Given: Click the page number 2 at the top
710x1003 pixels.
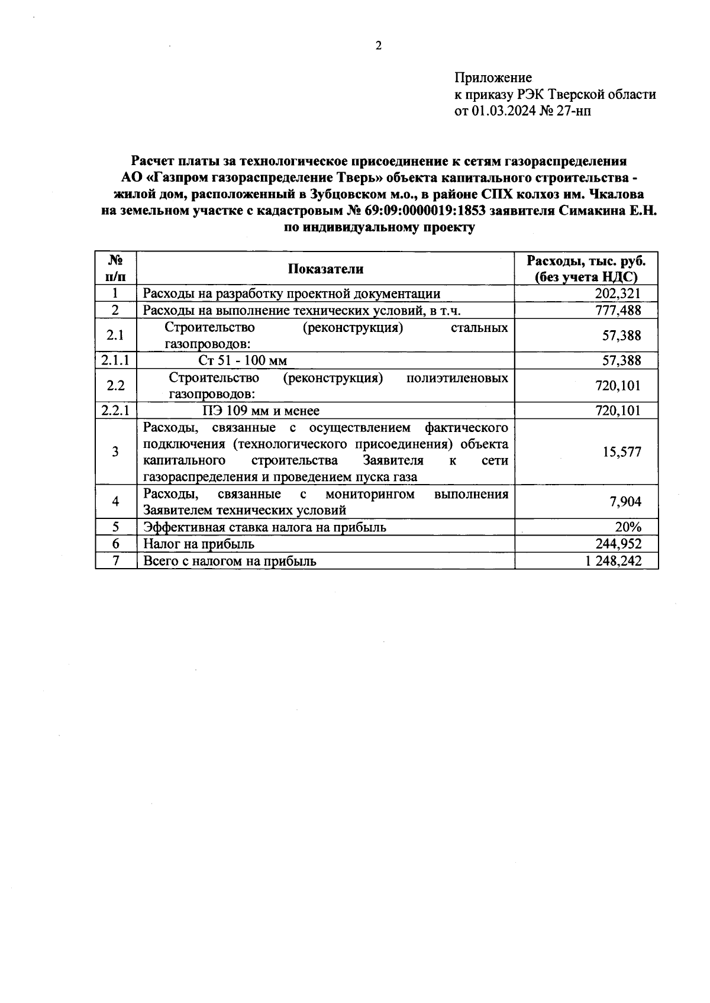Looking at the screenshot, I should point(379,46).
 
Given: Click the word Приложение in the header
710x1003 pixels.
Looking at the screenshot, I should point(493,78).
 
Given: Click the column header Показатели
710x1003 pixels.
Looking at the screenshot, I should point(325,269).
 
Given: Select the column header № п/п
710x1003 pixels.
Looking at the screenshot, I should point(116,268).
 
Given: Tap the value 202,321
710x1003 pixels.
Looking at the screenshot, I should point(618,294).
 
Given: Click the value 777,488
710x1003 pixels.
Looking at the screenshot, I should point(618,310).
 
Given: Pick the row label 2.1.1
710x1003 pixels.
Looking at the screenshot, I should point(116,360).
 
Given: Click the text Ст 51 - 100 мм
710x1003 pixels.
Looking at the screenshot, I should point(243,360).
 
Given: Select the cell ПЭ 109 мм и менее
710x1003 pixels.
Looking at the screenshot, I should point(261,411).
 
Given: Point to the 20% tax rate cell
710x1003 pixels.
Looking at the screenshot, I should point(628,527).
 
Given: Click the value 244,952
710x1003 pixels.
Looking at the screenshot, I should point(618,544).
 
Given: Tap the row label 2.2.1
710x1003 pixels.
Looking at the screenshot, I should point(116,411).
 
